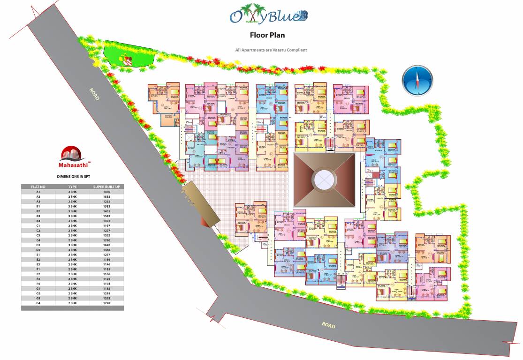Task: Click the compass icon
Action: point(417,80)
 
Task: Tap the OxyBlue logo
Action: point(268,16)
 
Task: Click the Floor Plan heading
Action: point(267,35)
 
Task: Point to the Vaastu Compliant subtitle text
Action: point(271,50)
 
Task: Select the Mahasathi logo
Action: point(72,158)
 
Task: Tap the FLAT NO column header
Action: point(38,187)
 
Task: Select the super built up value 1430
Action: point(106,192)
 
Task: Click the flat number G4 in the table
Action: point(38,303)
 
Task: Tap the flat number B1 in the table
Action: point(38,206)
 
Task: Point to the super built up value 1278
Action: point(106,303)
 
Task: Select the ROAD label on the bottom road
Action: point(328,324)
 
